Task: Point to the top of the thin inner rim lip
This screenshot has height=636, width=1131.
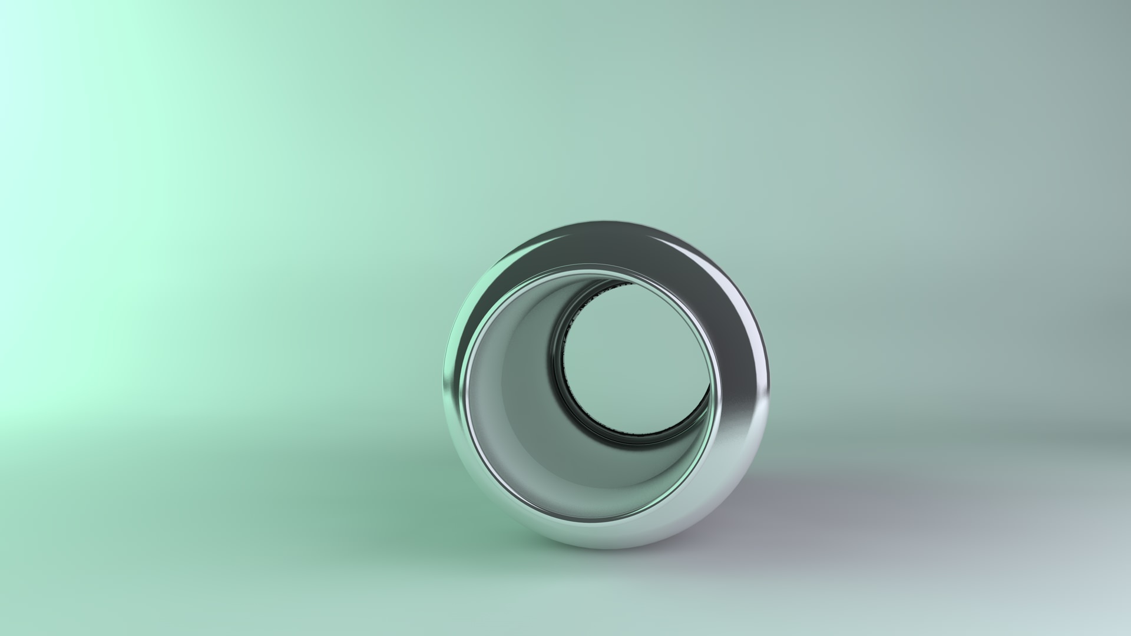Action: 589,269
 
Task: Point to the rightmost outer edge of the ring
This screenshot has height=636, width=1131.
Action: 769,383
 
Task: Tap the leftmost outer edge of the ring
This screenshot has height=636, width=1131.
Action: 444,389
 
